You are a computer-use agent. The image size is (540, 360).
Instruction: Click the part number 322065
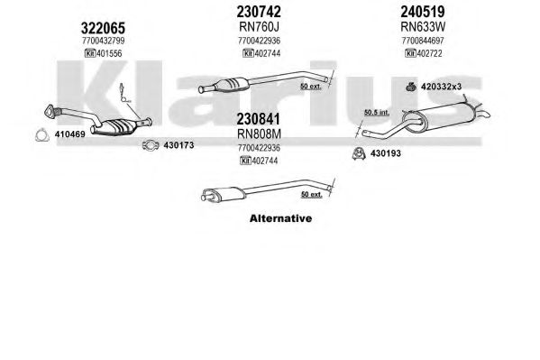[103, 28]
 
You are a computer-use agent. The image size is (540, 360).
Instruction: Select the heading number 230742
[259, 12]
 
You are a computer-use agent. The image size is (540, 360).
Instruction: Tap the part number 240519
[423, 12]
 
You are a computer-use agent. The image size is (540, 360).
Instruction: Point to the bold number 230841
[259, 119]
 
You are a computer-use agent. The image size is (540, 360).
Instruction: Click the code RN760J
[259, 26]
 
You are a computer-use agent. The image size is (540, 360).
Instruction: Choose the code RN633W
[423, 26]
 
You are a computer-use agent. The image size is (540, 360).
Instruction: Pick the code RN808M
[259, 134]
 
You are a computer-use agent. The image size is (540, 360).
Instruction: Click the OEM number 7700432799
[104, 41]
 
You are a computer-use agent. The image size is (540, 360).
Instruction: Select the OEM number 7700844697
[423, 41]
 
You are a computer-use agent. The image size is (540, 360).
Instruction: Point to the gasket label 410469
[70, 134]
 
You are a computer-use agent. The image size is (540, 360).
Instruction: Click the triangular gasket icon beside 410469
[42, 134]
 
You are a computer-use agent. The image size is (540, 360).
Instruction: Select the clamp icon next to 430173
[151, 145]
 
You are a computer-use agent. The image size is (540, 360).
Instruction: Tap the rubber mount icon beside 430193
[359, 153]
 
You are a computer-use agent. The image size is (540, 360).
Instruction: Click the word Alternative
[280, 218]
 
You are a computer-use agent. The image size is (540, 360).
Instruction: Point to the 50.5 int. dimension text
[377, 112]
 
